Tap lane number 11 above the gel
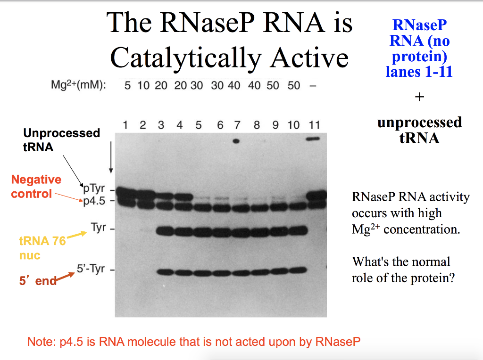tap(314, 125)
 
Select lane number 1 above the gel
tap(125, 125)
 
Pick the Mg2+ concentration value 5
tap(127, 85)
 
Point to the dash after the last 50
tap(312, 85)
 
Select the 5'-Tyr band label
tap(91, 270)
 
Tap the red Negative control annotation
tap(36, 187)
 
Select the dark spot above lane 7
tap(236, 140)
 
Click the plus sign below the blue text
tap(419, 97)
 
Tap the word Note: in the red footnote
tap(40, 342)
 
